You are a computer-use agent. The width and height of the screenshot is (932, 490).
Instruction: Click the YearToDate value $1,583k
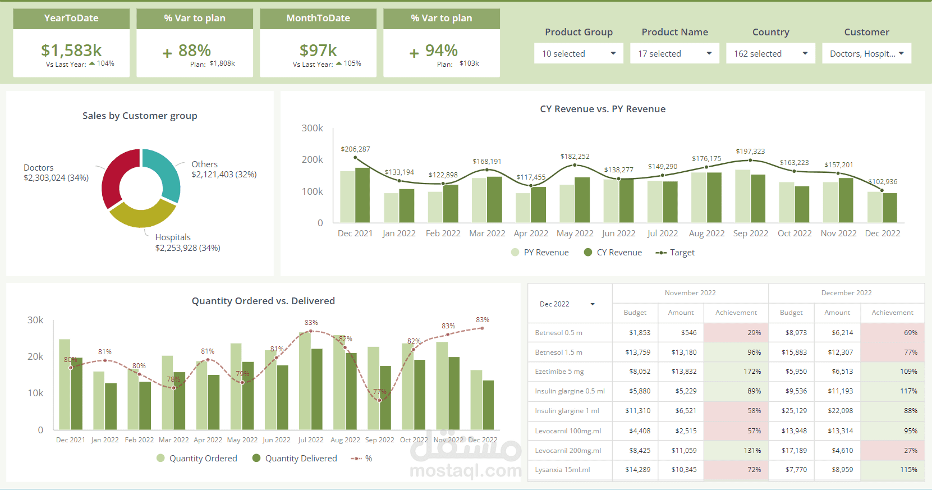[x=71, y=51]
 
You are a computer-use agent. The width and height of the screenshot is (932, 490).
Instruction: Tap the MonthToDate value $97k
[x=318, y=51]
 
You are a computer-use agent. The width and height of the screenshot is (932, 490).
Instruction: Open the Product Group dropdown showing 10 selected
[x=579, y=53]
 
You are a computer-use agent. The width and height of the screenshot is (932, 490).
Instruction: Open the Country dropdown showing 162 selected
[x=770, y=53]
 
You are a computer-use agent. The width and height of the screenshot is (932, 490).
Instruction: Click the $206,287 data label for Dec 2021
[x=355, y=149]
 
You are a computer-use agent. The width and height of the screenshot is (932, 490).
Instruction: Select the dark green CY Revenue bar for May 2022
[x=582, y=200]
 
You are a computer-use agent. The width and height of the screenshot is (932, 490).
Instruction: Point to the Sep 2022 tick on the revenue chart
[x=751, y=233]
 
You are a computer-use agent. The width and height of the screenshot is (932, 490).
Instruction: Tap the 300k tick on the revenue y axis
[x=312, y=128]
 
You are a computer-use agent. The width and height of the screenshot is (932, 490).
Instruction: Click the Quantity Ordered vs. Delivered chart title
[x=263, y=301]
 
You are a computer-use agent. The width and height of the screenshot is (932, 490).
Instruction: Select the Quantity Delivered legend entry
[x=295, y=459]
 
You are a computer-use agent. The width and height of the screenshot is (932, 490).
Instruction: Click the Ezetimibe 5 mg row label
[x=559, y=372]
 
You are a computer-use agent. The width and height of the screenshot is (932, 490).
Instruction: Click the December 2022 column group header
[x=846, y=293]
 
